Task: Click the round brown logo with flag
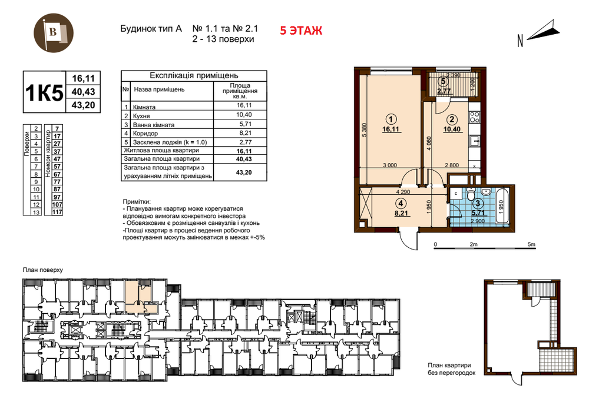coord(54,33)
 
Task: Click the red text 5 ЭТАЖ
coord(301,31)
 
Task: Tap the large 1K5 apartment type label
coord(44,92)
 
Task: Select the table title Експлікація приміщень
coord(194,75)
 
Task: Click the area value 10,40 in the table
coord(244,115)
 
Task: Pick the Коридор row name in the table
coord(145,133)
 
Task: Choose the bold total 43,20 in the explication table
coord(244,172)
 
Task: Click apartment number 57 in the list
coord(57,167)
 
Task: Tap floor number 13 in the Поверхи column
coord(37,212)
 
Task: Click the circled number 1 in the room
coord(391,119)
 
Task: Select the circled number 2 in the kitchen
coord(452,119)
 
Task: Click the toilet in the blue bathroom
coord(470,193)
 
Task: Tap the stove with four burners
coord(474,117)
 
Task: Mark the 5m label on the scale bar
coord(531,244)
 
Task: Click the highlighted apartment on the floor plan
coord(140,298)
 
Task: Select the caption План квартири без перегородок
coord(452,369)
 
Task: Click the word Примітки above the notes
coord(136,201)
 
